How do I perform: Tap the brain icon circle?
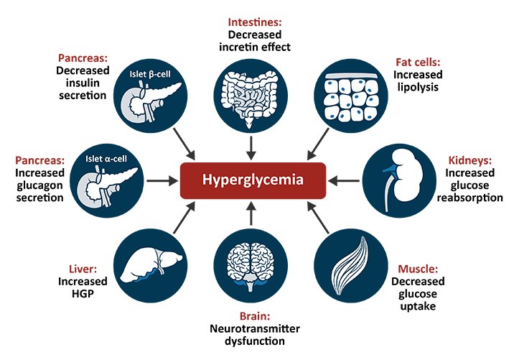[x=251, y=264]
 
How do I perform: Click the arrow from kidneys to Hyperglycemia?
[x=346, y=179]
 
